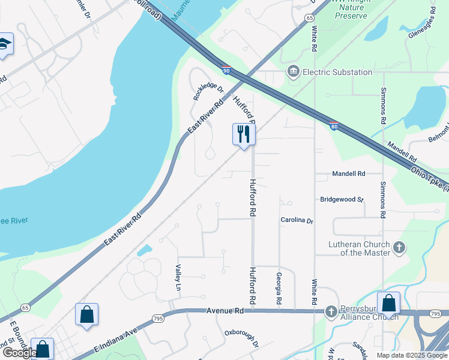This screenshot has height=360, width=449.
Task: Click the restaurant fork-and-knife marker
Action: pyautogui.click(x=244, y=134)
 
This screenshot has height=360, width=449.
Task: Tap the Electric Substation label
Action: pyautogui.click(x=337, y=72)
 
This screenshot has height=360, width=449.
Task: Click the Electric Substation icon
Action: pyautogui.click(x=294, y=72)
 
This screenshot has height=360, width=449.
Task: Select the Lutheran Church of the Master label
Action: pyautogui.click(x=359, y=248)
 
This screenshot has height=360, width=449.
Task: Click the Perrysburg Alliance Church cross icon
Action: pyautogui.click(x=331, y=311)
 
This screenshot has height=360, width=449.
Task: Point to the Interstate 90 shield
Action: pyautogui.click(x=226, y=71)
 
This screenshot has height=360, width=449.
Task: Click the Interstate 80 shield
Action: pyautogui.click(x=334, y=125)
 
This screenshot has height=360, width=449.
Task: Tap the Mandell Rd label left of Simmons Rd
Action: pyautogui.click(x=349, y=173)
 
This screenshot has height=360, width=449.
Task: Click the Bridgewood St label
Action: pyautogui.click(x=342, y=199)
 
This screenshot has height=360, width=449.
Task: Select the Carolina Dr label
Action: pyautogui.click(x=297, y=221)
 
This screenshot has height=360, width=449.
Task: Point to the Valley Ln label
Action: pyautogui.click(x=178, y=278)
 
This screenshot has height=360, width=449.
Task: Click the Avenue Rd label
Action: pyautogui.click(x=225, y=311)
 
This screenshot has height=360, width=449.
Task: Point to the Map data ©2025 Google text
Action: pyautogui.click(x=411, y=355)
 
